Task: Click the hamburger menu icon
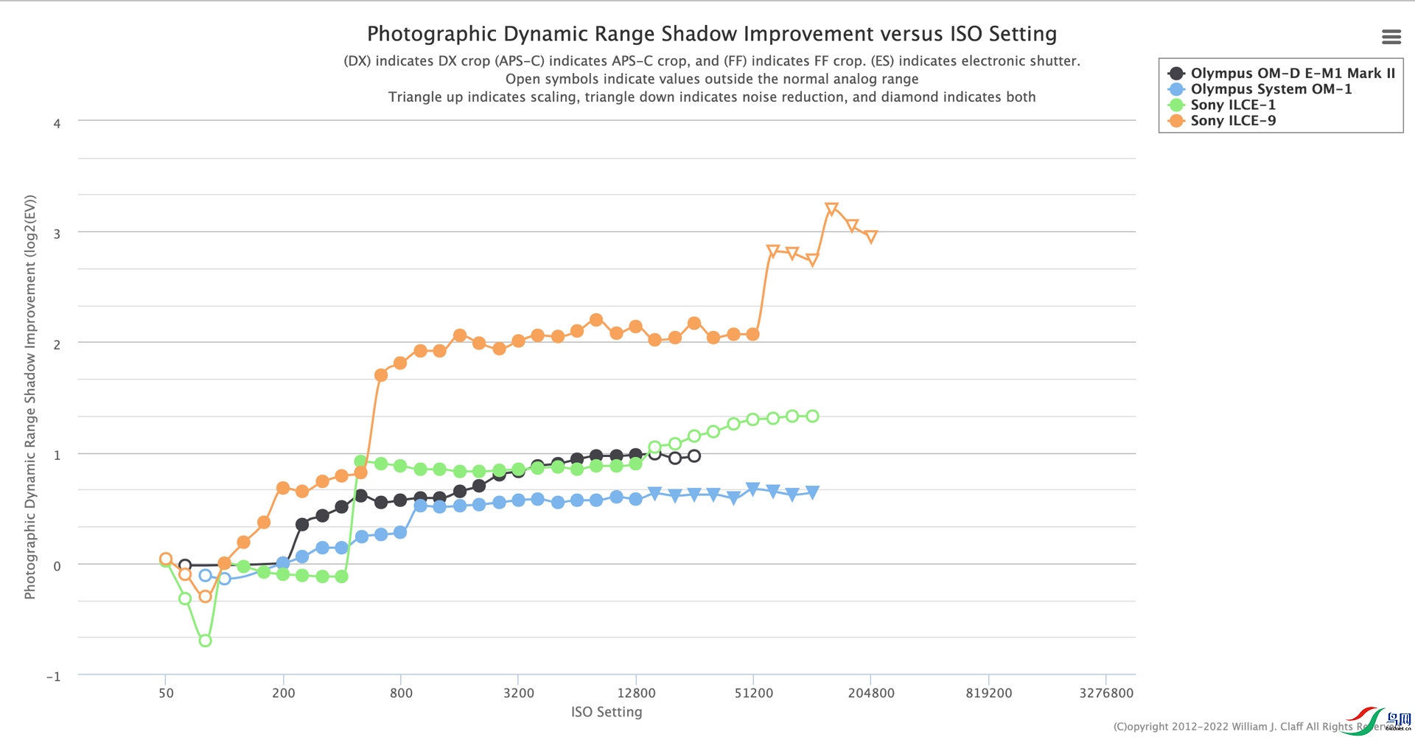[x=1391, y=37]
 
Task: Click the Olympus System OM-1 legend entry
[x=1271, y=89]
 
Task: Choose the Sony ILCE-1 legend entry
[x=1232, y=105]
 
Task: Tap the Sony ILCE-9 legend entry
[x=1232, y=121]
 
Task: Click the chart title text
[x=711, y=34]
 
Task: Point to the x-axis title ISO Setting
[x=607, y=712]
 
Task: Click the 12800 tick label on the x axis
[x=636, y=693]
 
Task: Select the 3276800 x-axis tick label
[x=1105, y=693]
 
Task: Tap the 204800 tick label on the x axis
[x=871, y=693]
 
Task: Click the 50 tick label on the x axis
[x=166, y=693]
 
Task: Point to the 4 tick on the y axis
[x=57, y=124]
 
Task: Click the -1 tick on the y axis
[x=54, y=677]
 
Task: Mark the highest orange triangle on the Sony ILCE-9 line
[x=831, y=209]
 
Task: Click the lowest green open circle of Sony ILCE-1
[x=206, y=640]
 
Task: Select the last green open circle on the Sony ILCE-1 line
[x=812, y=416]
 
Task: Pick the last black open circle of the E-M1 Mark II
[x=694, y=456]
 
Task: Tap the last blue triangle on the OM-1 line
[x=812, y=492]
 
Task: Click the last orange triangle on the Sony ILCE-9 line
[x=871, y=237]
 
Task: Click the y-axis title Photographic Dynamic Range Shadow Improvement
[x=30, y=397]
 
